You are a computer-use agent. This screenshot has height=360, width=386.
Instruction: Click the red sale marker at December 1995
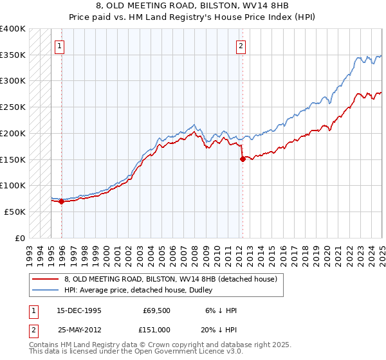point(62,201)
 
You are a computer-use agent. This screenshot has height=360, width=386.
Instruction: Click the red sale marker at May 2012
point(243,159)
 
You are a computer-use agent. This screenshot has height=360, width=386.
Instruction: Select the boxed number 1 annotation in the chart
point(59,46)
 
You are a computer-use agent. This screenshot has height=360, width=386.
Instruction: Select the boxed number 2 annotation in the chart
point(241,46)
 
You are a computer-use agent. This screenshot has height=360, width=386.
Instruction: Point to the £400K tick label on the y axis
point(13,29)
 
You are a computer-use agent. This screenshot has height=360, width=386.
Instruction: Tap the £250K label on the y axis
point(13,107)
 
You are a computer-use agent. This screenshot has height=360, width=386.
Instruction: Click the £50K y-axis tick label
point(15,212)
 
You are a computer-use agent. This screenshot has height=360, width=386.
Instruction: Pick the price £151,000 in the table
point(156,330)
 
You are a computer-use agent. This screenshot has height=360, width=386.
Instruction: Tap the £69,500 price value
point(156,310)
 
